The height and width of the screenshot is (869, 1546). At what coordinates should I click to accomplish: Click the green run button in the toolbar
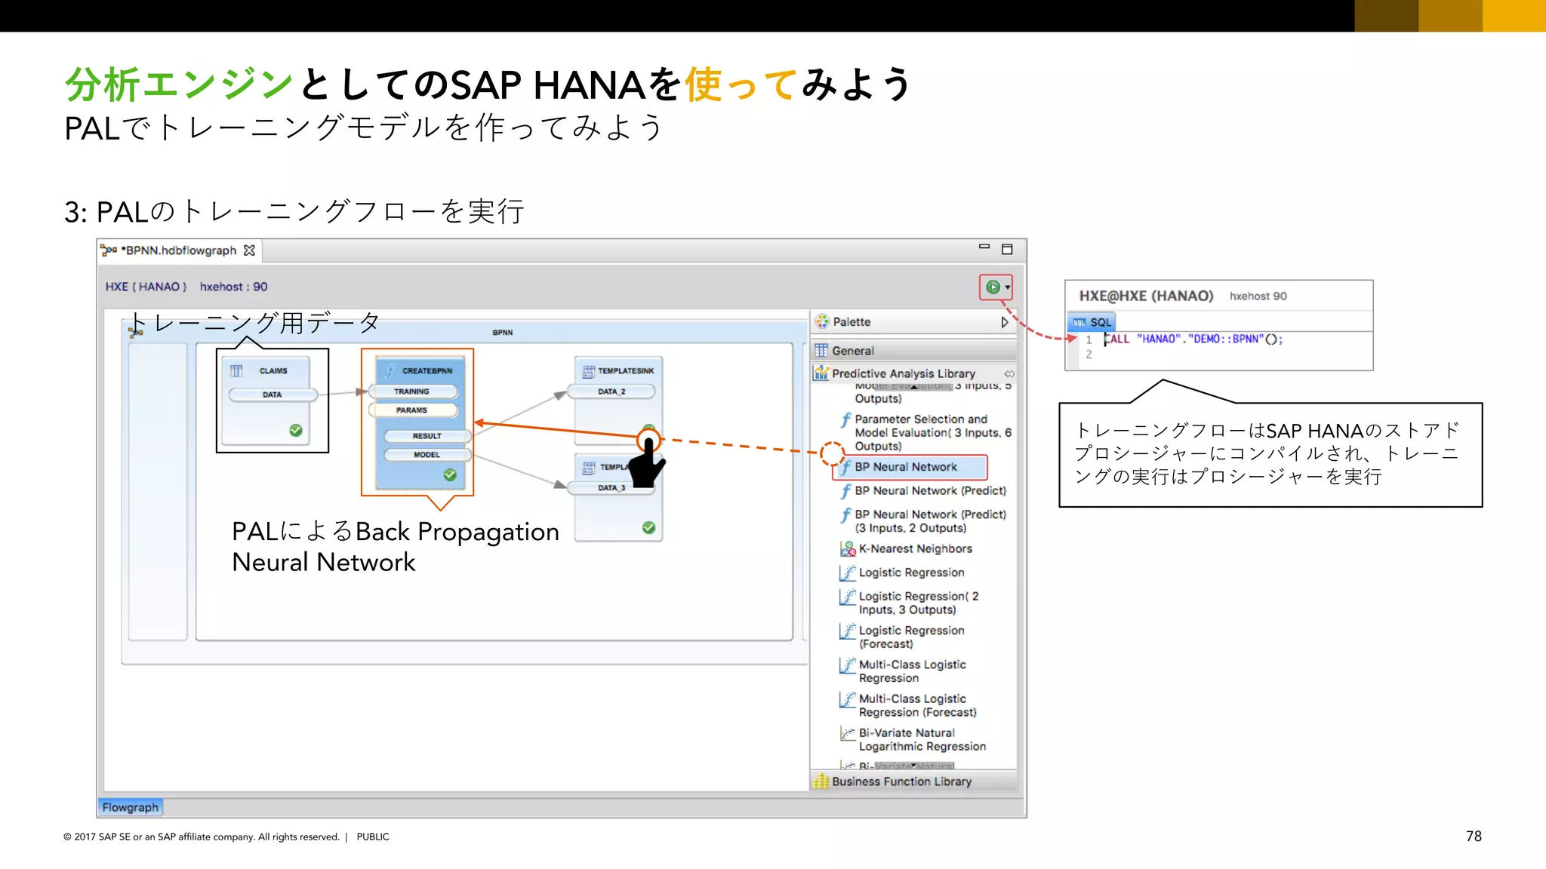993,287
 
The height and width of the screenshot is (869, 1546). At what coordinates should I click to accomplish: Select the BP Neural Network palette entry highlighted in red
906,467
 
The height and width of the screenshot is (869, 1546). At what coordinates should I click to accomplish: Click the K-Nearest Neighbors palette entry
915,549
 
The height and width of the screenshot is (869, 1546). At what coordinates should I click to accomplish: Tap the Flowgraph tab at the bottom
131,807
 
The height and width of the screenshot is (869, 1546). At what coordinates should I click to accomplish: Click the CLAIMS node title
273,371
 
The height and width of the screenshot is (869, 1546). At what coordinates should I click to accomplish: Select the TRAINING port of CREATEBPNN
412,392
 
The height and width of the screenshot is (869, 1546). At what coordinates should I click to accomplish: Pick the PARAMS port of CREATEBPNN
412,410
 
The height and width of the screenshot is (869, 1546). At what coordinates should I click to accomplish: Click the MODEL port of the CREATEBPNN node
427,455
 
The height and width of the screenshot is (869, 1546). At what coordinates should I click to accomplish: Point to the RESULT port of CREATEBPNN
427,436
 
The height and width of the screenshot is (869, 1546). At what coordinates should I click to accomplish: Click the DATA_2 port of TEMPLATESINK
611,392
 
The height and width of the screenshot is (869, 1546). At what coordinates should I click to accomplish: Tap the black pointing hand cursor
646,463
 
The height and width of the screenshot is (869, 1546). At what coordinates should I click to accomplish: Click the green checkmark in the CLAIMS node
296,430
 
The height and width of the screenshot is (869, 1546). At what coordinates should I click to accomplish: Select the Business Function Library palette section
901,781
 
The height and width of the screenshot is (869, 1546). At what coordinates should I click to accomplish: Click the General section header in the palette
853,351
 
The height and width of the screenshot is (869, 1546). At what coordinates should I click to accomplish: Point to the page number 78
1474,837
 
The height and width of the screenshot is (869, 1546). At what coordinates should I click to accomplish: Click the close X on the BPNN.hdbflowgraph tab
250,250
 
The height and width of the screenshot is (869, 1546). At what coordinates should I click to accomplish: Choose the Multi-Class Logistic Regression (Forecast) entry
917,705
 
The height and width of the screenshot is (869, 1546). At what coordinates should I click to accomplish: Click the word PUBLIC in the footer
373,837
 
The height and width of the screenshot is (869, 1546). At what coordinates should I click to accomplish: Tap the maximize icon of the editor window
1007,250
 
